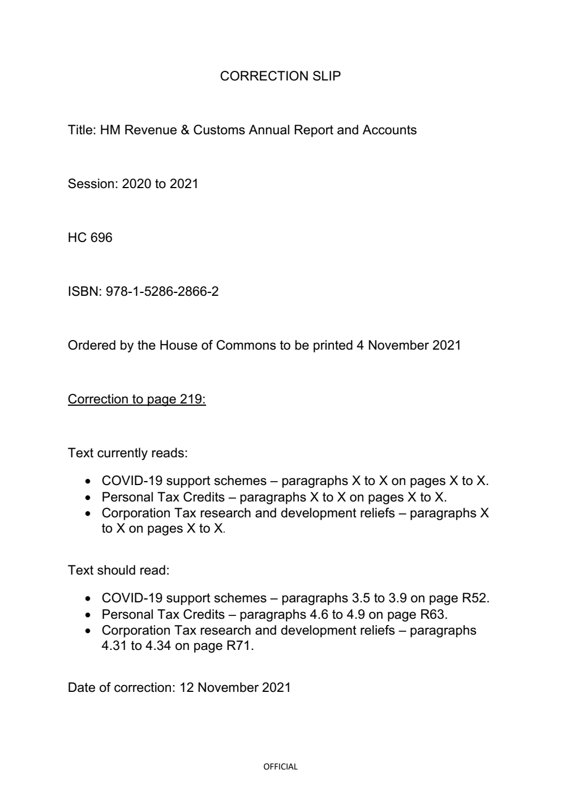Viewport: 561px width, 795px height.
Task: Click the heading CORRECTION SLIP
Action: (280, 76)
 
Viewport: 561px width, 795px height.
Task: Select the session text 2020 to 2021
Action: (160, 184)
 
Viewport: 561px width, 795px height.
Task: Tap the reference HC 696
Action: (90, 237)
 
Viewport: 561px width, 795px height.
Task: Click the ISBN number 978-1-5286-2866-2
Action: (162, 291)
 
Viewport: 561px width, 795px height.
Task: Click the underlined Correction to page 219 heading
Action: (136, 399)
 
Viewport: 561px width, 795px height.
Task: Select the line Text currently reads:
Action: (127, 453)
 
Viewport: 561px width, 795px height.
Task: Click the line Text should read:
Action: (118, 570)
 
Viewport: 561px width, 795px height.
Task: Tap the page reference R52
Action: (475, 598)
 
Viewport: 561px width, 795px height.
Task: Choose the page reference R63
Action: (433, 614)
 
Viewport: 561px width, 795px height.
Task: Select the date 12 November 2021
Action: (235, 687)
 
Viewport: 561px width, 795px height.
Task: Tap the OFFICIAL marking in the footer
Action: (280, 767)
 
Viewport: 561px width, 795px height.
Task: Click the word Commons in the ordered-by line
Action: (245, 345)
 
